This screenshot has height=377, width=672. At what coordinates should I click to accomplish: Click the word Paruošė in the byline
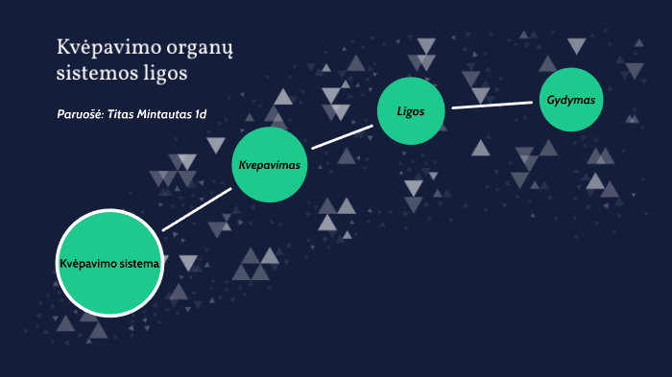pyautogui.click(x=80, y=114)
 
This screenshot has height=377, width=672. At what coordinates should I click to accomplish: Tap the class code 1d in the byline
pyautogui.click(x=201, y=114)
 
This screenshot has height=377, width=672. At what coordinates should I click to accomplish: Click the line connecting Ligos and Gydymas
pyautogui.click(x=492, y=105)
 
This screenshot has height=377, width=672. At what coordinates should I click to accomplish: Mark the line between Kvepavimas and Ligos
pyautogui.click(x=342, y=135)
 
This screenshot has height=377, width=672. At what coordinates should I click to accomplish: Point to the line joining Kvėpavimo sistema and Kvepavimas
pyautogui.click(x=198, y=208)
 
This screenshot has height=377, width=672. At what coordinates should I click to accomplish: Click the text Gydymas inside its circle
pyautogui.click(x=571, y=101)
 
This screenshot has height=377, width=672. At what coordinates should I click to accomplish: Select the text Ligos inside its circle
pyautogui.click(x=411, y=110)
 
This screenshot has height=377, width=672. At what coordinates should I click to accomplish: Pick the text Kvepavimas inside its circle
pyautogui.click(x=270, y=165)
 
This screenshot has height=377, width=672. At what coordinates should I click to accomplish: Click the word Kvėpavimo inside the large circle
pyautogui.click(x=85, y=263)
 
